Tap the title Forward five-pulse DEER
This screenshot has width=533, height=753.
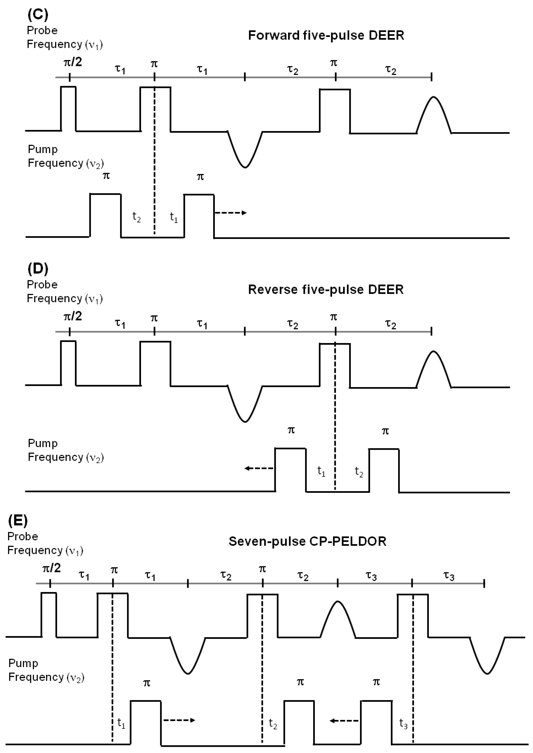tap(326, 35)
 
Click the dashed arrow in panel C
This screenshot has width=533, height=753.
tap(230, 213)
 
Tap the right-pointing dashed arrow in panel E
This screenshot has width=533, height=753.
tap(179, 720)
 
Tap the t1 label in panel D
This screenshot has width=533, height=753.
tap(321, 472)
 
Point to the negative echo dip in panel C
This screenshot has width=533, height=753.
tap(245, 154)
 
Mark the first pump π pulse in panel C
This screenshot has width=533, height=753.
tap(105, 215)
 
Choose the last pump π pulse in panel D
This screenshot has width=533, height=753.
tap(384, 470)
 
